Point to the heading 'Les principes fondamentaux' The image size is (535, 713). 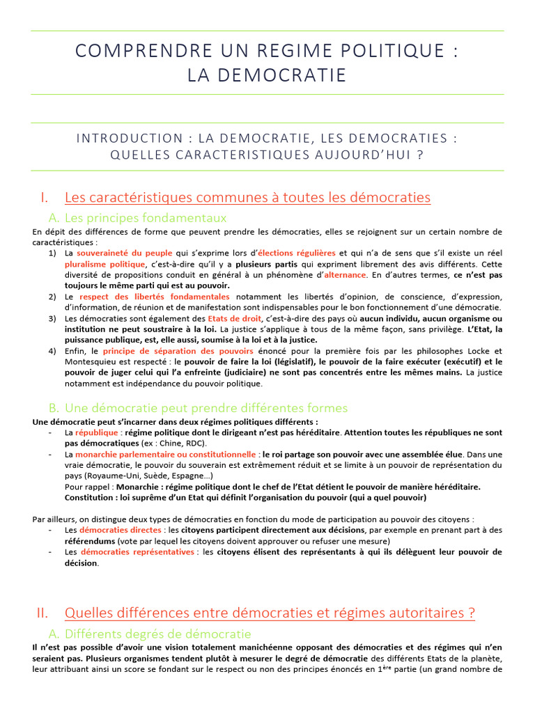click(x=146, y=218)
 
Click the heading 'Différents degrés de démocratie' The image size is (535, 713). click(x=158, y=634)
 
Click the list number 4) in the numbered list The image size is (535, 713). click(x=53, y=351)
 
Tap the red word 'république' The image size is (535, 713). click(x=98, y=432)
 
